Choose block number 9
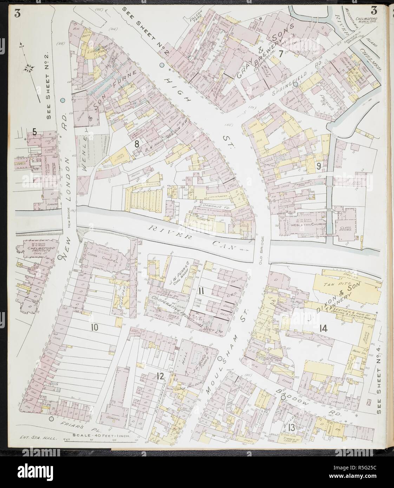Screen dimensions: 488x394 click(319, 167)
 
